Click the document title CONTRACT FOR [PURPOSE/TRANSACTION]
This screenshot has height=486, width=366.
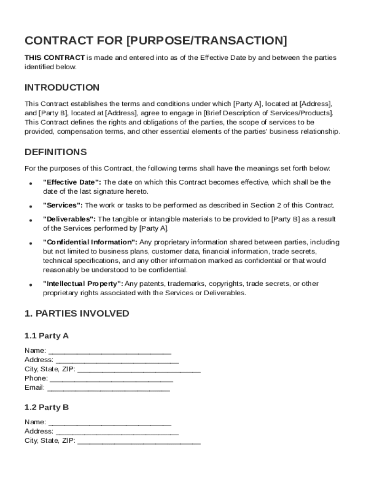156,41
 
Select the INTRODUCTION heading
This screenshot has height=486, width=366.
62,87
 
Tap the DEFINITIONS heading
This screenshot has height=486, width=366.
56,152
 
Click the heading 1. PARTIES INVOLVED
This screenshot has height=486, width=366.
77,314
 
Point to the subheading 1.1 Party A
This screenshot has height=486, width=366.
47,336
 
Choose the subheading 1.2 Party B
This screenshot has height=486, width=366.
47,407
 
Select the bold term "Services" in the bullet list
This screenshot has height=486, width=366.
63,205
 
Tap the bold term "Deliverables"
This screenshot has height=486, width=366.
69,219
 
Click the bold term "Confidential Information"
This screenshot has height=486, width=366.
90,242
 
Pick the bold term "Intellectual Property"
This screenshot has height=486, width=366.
83,284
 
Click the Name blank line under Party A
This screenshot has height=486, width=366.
110,351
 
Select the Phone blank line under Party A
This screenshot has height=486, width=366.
111,379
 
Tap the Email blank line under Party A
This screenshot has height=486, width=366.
109,388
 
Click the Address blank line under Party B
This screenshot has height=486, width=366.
117,431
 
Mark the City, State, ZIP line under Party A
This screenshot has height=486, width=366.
139,370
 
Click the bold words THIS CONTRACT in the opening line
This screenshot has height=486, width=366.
55,58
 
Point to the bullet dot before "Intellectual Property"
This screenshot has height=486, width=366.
30,285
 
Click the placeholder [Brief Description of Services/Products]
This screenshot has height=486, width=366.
269,113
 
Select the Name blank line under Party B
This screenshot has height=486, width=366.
110,422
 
